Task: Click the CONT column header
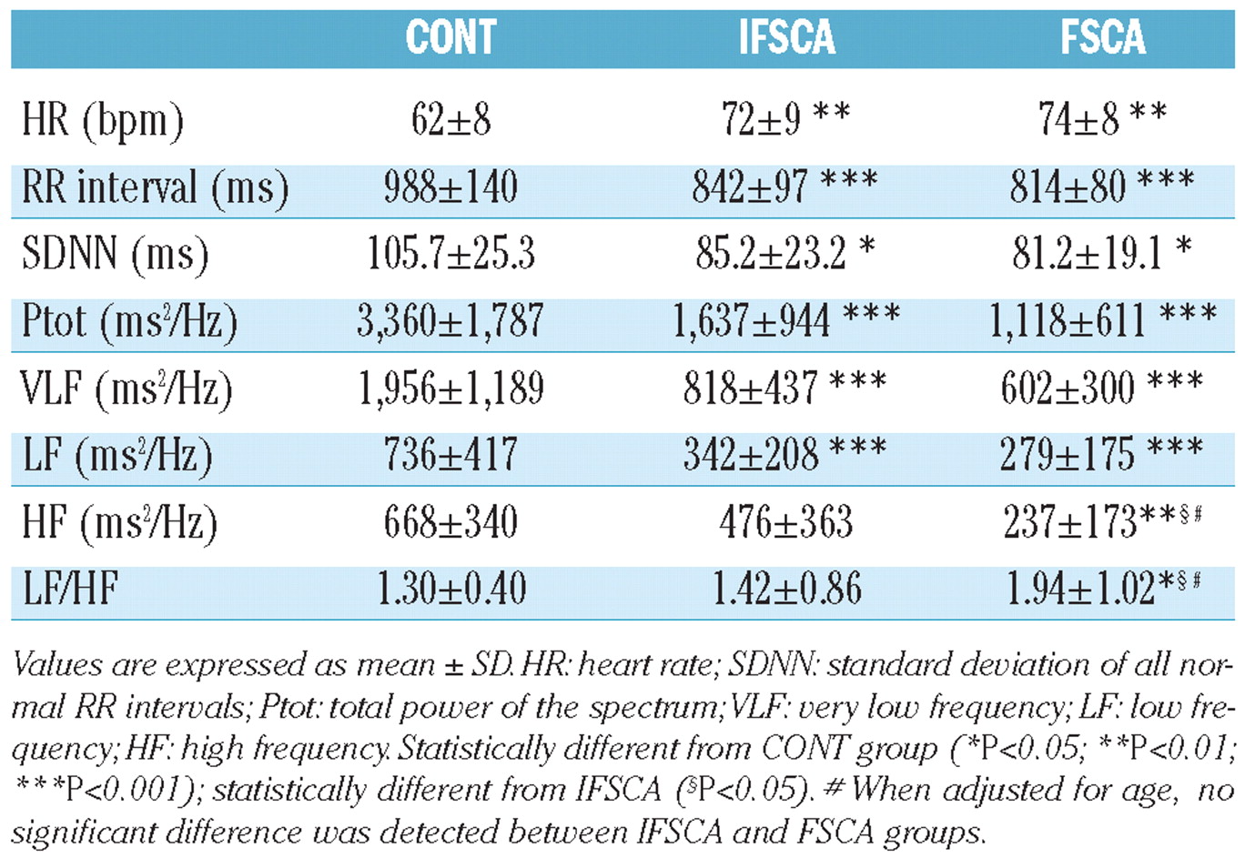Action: (x=450, y=38)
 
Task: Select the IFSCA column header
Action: (x=786, y=38)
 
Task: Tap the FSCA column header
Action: (x=1102, y=38)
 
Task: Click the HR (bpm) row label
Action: (x=102, y=120)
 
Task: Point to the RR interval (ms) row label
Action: (x=156, y=188)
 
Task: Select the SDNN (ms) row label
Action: (x=115, y=255)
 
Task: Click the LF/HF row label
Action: (x=71, y=590)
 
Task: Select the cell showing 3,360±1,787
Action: (x=450, y=321)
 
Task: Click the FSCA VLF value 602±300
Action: (x=1068, y=389)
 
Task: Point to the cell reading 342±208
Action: (x=752, y=455)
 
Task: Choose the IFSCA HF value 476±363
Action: (x=786, y=522)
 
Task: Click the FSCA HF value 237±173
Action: (x=1070, y=522)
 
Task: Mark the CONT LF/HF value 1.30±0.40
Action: (x=451, y=590)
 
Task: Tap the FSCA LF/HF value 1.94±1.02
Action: (x=1080, y=590)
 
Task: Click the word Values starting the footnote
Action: (x=57, y=666)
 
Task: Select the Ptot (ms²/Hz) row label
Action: (x=129, y=322)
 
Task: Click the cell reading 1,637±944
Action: (x=752, y=321)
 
